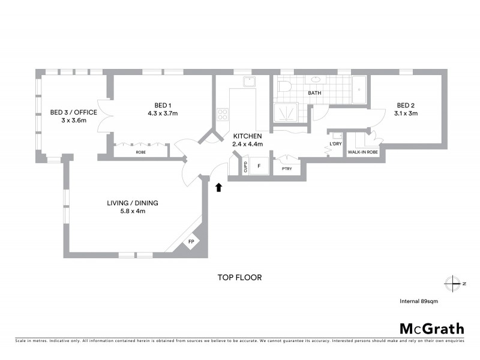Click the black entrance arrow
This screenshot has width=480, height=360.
click(218, 187)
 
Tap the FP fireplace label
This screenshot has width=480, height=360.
click(191, 242)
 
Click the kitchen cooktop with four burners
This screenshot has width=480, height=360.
click(223, 113)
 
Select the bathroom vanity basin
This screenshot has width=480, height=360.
click(315, 80)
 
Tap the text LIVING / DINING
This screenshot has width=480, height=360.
click(133, 203)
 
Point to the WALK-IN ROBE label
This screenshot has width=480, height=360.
click(364, 152)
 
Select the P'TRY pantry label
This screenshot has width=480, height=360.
click(286, 169)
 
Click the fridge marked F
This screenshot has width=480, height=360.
click(259, 166)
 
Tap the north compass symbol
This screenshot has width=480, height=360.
click(452, 283)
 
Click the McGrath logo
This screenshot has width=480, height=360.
click(431, 328)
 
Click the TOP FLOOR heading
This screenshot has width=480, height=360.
click(239, 278)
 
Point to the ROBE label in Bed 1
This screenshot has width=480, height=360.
click(140, 152)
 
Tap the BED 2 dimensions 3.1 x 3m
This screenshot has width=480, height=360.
click(406, 113)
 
